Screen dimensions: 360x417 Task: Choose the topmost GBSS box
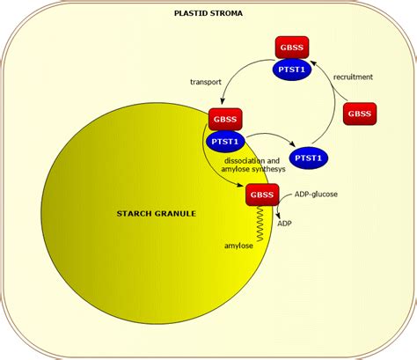click(290, 48)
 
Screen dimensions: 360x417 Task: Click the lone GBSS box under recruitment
click(357, 114)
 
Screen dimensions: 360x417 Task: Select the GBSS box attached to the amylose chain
click(261, 195)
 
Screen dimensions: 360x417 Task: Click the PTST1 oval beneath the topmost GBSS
click(291, 70)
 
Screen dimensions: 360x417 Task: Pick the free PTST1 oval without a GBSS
click(308, 158)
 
